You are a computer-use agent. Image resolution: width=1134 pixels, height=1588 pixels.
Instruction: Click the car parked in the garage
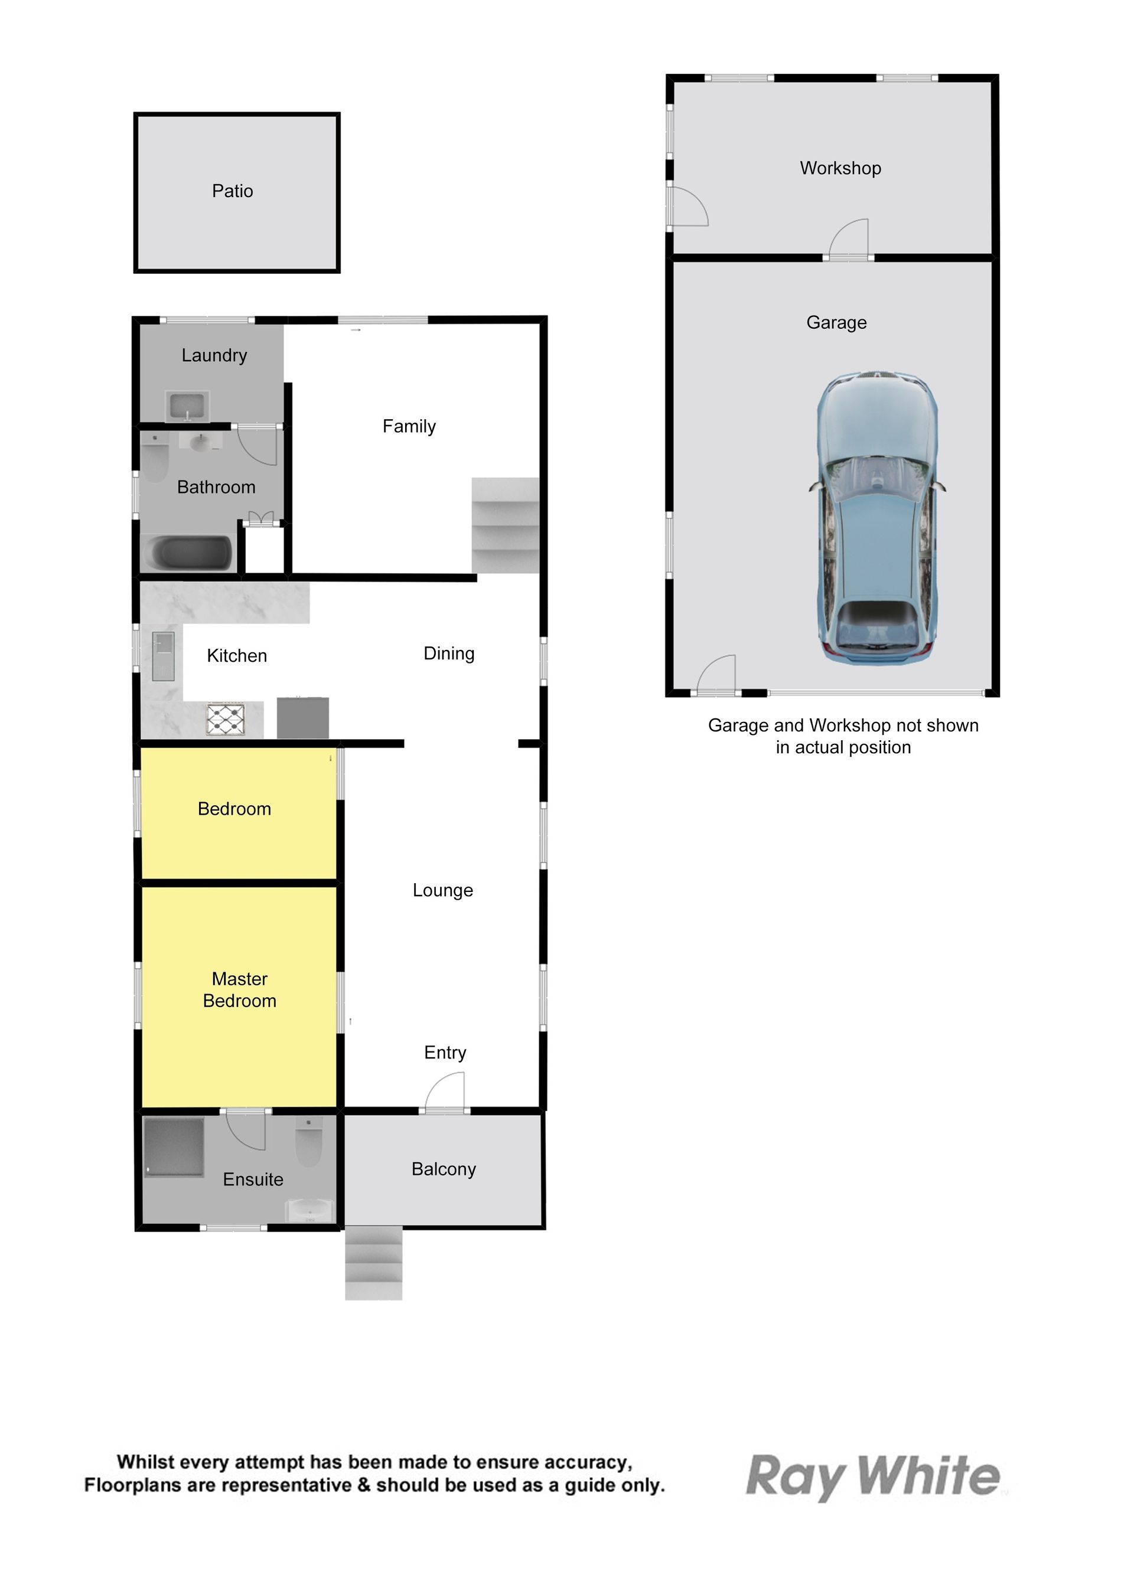[x=877, y=518]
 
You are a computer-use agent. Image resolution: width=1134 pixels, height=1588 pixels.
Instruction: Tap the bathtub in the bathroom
[x=187, y=554]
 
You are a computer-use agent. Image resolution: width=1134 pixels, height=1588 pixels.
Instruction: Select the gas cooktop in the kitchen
[x=226, y=719]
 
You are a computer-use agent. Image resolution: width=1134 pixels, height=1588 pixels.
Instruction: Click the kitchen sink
[x=164, y=656]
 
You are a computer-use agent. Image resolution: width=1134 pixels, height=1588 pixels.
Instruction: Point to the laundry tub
[x=187, y=406]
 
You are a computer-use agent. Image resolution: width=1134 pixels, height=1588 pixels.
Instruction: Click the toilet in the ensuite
[x=309, y=1141]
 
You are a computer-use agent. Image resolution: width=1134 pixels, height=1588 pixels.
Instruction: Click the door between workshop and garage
[x=848, y=240]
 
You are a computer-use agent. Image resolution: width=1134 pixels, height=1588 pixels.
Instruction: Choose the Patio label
[x=233, y=191]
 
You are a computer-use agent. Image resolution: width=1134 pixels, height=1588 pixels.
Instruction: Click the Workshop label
[x=840, y=168]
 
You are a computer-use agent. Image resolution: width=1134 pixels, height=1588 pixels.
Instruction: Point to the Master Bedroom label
[x=240, y=990]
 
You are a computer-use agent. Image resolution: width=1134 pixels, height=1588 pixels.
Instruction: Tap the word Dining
[x=449, y=654]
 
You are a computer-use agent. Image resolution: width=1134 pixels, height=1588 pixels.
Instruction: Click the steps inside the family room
[x=506, y=525]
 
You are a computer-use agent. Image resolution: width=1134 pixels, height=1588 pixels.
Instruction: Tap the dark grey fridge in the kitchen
[x=303, y=718]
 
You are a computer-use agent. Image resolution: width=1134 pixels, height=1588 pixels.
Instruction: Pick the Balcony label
[x=444, y=1169]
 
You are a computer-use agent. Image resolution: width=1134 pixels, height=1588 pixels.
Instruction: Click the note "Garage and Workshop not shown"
[x=843, y=726]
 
